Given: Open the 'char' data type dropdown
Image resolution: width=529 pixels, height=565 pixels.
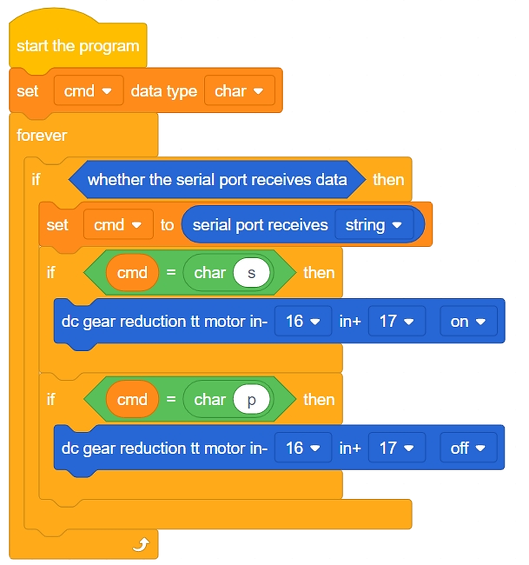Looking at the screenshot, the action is pos(239,91).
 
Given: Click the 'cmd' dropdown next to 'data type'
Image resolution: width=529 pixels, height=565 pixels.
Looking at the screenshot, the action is pos(89,91).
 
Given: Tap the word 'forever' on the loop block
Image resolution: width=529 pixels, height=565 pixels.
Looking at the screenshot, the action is pos(42,136).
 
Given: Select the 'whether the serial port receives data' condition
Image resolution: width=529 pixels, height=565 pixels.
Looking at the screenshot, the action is pos(217,179).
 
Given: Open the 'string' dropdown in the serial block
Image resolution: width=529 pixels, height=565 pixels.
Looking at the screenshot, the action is pos(374,225).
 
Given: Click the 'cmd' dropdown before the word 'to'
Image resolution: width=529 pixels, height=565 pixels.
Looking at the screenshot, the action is pos(118,225).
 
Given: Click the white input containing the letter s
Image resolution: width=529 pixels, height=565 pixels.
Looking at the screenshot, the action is pos(251,273).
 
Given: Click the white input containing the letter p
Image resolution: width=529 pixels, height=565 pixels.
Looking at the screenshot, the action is pos(251,400).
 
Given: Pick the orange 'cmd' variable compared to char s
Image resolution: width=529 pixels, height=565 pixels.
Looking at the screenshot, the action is pos(132,273).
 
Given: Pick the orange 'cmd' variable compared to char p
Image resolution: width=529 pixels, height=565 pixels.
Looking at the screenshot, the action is pos(132,400).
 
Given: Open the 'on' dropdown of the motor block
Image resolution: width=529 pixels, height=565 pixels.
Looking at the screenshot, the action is pos(469,322).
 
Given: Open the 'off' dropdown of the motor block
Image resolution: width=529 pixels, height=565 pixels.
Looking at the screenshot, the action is pos(469,448).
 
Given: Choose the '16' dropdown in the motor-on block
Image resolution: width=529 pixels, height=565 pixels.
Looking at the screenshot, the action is pos(303,322).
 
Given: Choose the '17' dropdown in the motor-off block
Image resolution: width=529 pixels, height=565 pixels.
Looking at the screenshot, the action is pos(397,448).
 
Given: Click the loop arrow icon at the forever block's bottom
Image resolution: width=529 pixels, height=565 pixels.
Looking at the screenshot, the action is pos(141,545).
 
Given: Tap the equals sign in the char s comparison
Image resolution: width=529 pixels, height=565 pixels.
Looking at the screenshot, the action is pos(171,273).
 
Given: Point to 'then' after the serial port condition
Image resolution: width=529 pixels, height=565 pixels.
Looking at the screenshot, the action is pos(389,180).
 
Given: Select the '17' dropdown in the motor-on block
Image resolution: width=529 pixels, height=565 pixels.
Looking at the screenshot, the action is pos(397,322).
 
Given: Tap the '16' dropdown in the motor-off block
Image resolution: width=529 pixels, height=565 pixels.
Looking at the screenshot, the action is pos(303,448).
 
